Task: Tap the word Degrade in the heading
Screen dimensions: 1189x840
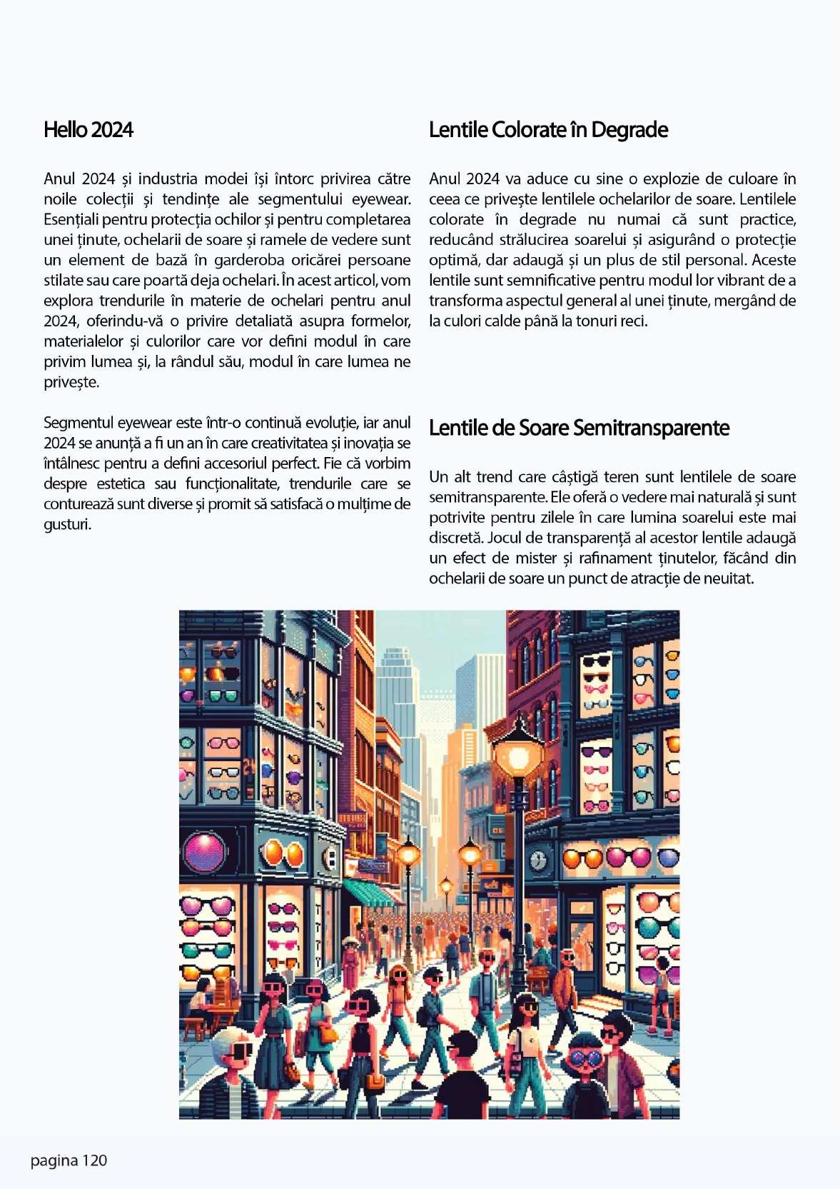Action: point(629,130)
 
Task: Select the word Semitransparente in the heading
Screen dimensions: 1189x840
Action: point(651,428)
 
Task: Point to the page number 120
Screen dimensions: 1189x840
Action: point(93,1160)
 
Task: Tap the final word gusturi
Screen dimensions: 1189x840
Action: point(67,525)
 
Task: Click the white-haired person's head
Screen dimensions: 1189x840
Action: point(232,1047)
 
